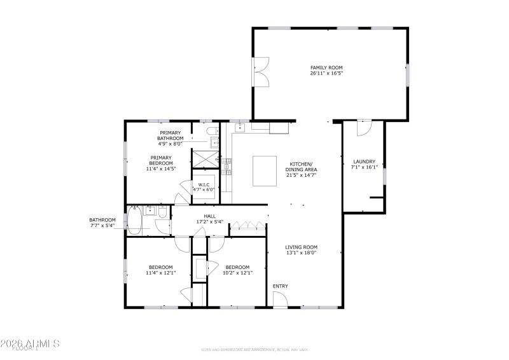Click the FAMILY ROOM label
(x=327, y=67)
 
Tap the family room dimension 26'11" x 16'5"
(x=327, y=73)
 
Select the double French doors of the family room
(x=260, y=72)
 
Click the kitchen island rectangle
(x=265, y=170)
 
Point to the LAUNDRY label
(x=363, y=162)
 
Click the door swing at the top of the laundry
(x=363, y=128)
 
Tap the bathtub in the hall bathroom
(x=136, y=220)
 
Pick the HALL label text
(x=209, y=216)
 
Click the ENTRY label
(x=280, y=286)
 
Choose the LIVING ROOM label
(x=301, y=247)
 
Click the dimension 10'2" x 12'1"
(x=239, y=273)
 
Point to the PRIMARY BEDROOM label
(x=162, y=160)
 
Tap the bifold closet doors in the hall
(x=246, y=225)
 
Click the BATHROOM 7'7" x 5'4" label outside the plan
(x=102, y=223)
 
